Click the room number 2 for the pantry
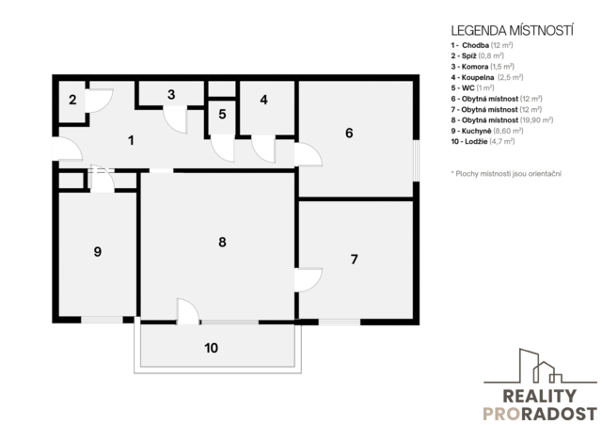(72, 100)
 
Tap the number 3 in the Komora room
(171, 94)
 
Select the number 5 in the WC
(222, 114)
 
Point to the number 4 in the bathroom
(263, 100)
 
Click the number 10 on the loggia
(211, 348)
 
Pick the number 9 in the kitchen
(98, 252)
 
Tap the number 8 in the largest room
(222, 243)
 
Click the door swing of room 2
(99, 101)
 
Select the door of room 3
(176, 119)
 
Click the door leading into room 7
(309, 280)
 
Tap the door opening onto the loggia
(188, 311)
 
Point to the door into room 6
(309, 154)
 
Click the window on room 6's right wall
(416, 160)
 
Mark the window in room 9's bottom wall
(102, 320)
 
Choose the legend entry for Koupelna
(487, 77)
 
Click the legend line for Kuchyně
(487, 131)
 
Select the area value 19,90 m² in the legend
(537, 120)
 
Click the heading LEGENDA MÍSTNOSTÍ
(512, 31)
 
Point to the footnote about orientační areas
(506, 174)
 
